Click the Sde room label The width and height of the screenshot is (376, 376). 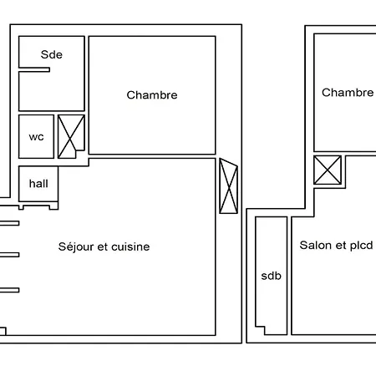pos(52,54)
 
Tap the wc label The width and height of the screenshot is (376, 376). pos(36,137)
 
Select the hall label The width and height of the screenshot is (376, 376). pos(38,184)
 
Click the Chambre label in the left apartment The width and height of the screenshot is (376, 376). pos(152,95)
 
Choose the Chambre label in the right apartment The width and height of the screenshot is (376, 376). pos(348,93)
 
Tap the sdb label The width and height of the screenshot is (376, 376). pos(271,276)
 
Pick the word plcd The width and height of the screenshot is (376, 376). pos(361,246)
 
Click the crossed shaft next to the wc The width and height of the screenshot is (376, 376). pos(71,136)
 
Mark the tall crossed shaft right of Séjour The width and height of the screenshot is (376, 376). pos(229,185)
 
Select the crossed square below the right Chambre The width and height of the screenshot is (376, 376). pos(328,170)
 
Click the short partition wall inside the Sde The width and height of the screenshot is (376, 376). pos(34,69)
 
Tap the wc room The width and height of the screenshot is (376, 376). pos(36,136)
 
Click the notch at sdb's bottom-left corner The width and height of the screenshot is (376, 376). pos(260,330)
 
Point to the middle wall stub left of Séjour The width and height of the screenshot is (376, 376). pos(9,255)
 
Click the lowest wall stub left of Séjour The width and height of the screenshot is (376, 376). pos(9,290)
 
